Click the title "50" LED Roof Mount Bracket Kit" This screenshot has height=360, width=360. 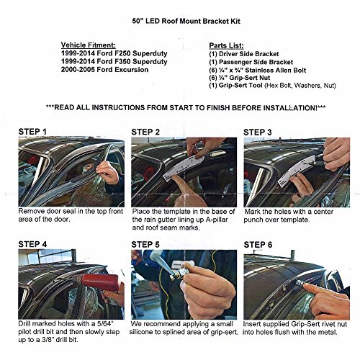186,21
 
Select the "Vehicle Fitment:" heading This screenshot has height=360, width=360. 88,45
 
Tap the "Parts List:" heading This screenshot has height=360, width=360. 226,45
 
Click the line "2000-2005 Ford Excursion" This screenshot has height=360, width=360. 104,70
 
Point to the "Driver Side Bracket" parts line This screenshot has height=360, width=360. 244,54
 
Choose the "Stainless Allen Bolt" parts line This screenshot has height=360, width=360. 258,70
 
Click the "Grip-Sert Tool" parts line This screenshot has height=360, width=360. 272,86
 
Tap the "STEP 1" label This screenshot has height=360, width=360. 32,132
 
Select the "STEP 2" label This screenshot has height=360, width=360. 145,132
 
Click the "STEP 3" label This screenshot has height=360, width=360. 258,132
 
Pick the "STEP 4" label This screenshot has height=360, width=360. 32,244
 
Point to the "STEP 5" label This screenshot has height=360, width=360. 145,245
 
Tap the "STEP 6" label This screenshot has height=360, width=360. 258,245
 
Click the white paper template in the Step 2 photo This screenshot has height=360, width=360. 184,168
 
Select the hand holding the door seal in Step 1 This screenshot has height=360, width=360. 108,172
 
